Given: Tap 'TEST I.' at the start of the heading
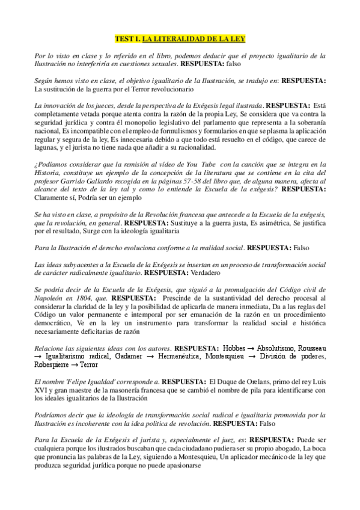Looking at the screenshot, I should click(x=127, y=38).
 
